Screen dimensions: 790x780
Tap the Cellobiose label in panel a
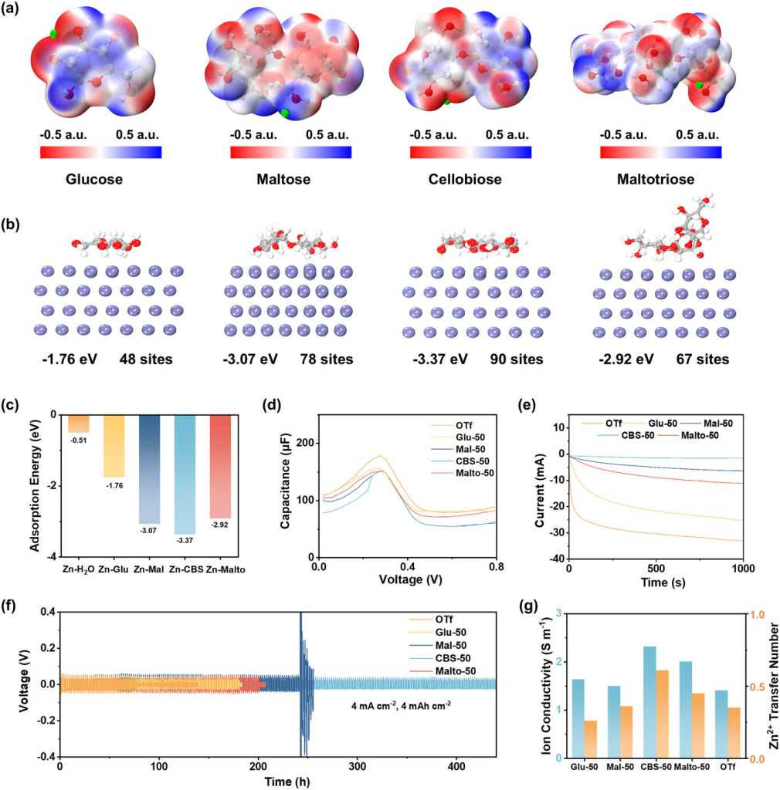coord(470,180)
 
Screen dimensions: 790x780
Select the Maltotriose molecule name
coord(660,180)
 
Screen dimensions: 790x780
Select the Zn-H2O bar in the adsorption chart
coord(79,424)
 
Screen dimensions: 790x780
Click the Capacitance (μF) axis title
coord(287,485)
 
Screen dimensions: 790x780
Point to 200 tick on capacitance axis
coord(307,443)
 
